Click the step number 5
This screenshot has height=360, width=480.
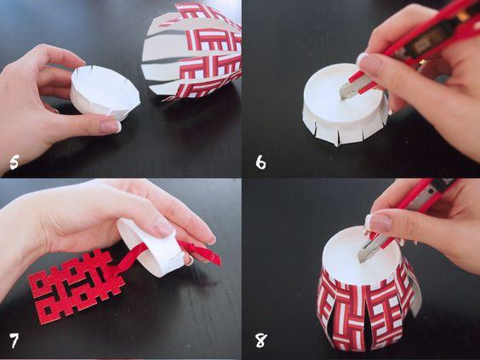(x=14, y=162)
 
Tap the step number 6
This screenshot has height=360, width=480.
(x=260, y=162)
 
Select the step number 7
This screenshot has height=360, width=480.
(x=14, y=340)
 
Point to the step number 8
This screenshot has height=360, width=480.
(x=260, y=340)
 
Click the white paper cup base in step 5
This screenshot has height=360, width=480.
(x=105, y=92)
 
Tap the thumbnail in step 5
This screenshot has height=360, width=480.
(x=110, y=127)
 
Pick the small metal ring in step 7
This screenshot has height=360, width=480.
(x=189, y=260)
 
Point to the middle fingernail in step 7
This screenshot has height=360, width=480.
(x=163, y=227)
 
